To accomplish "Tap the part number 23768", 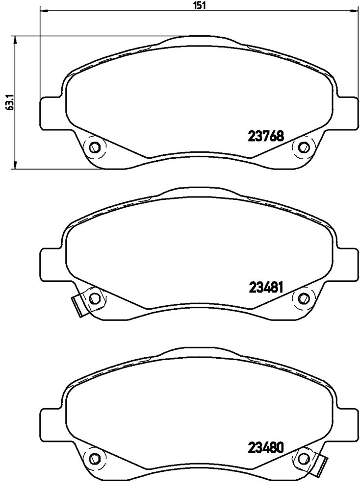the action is click(x=266, y=136).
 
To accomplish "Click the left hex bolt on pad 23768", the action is click(x=94, y=147).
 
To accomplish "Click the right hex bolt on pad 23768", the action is click(x=303, y=147).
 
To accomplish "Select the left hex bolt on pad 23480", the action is click(x=94, y=459).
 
